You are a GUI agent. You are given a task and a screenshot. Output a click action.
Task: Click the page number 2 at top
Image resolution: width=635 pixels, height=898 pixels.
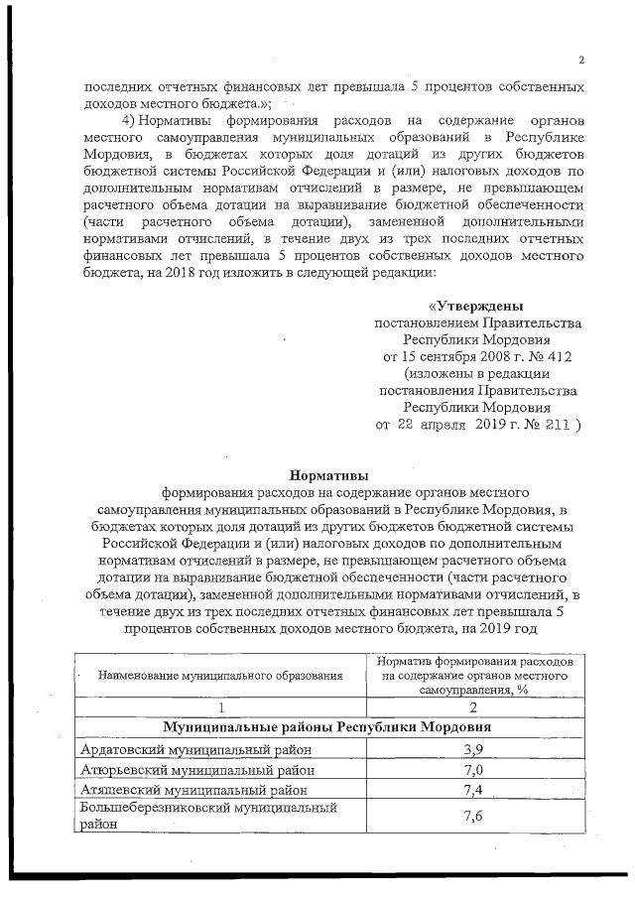[581, 61]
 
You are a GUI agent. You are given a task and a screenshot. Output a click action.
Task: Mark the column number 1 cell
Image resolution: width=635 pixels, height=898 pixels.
[220, 706]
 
